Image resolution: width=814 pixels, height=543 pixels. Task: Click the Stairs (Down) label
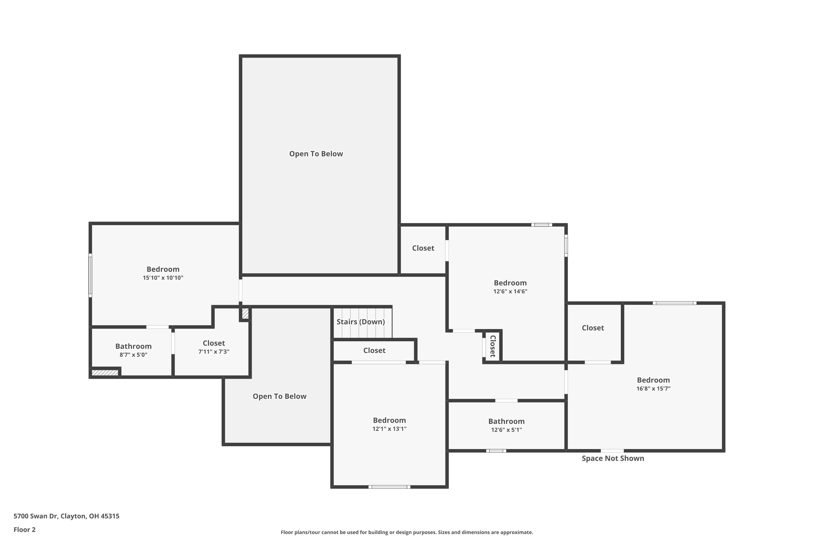[361, 322]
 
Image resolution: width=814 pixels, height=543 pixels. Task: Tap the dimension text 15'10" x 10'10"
[163, 278]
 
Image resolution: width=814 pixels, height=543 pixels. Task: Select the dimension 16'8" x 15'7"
[653, 389]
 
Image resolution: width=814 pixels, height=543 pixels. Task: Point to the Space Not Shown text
[613, 458]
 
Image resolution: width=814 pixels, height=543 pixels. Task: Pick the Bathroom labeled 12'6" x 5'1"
[506, 421]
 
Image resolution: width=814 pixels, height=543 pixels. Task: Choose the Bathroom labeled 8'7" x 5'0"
[133, 346]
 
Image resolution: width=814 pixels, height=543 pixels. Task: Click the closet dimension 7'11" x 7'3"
[214, 352]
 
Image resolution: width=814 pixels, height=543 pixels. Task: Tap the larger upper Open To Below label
[316, 154]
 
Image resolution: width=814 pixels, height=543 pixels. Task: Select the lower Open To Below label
[279, 396]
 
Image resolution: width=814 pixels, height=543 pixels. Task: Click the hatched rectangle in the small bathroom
[105, 372]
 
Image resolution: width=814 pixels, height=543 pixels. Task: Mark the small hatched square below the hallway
[245, 313]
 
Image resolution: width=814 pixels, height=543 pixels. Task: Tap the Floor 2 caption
[25, 529]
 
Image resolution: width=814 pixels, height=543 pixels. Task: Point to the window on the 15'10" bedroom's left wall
[90, 275]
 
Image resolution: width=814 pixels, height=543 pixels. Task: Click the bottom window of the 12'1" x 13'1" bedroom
[389, 487]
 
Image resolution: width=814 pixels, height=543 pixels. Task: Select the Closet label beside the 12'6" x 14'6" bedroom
[423, 248]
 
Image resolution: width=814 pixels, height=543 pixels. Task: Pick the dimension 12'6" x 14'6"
[510, 292]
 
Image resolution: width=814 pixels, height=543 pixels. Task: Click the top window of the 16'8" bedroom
[674, 303]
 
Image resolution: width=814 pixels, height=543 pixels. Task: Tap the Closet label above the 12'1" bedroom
[374, 351]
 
